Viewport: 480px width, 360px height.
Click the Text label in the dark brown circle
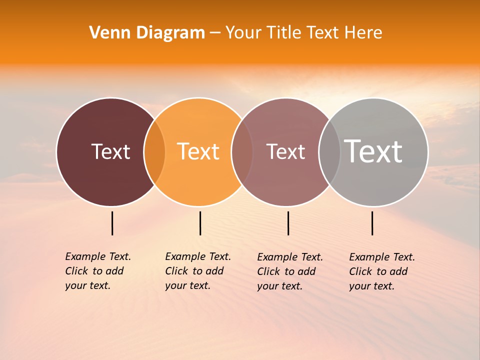[x=110, y=151]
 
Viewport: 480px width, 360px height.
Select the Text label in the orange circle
[x=198, y=151]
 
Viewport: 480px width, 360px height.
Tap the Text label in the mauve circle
[x=285, y=151]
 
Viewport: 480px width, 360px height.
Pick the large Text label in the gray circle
[x=373, y=151]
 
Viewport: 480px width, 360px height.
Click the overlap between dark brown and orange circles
[x=154, y=152]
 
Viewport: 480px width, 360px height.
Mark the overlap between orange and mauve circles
[x=242, y=152]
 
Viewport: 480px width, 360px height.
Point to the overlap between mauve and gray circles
[x=329, y=152]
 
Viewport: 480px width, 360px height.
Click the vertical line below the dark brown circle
[x=112, y=223]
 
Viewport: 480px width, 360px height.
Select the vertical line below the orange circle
[x=200, y=223]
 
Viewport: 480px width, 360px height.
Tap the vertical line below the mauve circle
[x=288, y=223]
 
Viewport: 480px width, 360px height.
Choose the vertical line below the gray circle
[x=372, y=223]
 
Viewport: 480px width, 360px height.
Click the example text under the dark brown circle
[x=97, y=271]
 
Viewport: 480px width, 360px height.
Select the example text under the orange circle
[x=197, y=271]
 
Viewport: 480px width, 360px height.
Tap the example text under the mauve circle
[x=289, y=271]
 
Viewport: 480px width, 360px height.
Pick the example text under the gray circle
[x=381, y=271]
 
